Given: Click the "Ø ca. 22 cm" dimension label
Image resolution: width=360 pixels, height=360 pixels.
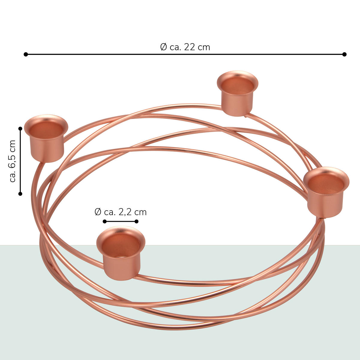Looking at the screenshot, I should (x=185, y=47).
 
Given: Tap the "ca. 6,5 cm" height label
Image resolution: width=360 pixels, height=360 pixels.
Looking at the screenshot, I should (x=13, y=161).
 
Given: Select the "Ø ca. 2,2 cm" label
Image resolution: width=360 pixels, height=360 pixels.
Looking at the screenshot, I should (x=121, y=212).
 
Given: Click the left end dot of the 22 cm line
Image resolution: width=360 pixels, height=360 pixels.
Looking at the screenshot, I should (x=26, y=54).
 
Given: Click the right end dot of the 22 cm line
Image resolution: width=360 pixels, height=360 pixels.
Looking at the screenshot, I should (x=344, y=54).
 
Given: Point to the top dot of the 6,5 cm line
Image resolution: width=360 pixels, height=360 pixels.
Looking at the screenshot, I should (x=20, y=128).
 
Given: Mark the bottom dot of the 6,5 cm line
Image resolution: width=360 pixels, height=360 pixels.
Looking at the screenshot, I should (x=20, y=194).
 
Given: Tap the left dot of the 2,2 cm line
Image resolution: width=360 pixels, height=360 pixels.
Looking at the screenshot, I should (x=105, y=221).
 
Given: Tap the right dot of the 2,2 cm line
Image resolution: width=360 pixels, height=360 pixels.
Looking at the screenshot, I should (x=136, y=221).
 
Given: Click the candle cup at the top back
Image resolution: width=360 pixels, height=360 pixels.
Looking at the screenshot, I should (x=237, y=93).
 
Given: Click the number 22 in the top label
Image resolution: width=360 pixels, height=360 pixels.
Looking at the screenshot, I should (x=190, y=47).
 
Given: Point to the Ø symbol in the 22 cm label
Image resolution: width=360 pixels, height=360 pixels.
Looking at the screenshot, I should (x=163, y=47).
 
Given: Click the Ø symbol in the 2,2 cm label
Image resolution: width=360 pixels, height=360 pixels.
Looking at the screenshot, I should (x=98, y=212).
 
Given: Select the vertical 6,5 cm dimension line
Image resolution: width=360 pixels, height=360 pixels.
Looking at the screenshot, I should (x=20, y=161).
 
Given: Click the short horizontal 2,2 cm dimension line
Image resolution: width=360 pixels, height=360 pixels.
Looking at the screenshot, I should (x=121, y=221).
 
